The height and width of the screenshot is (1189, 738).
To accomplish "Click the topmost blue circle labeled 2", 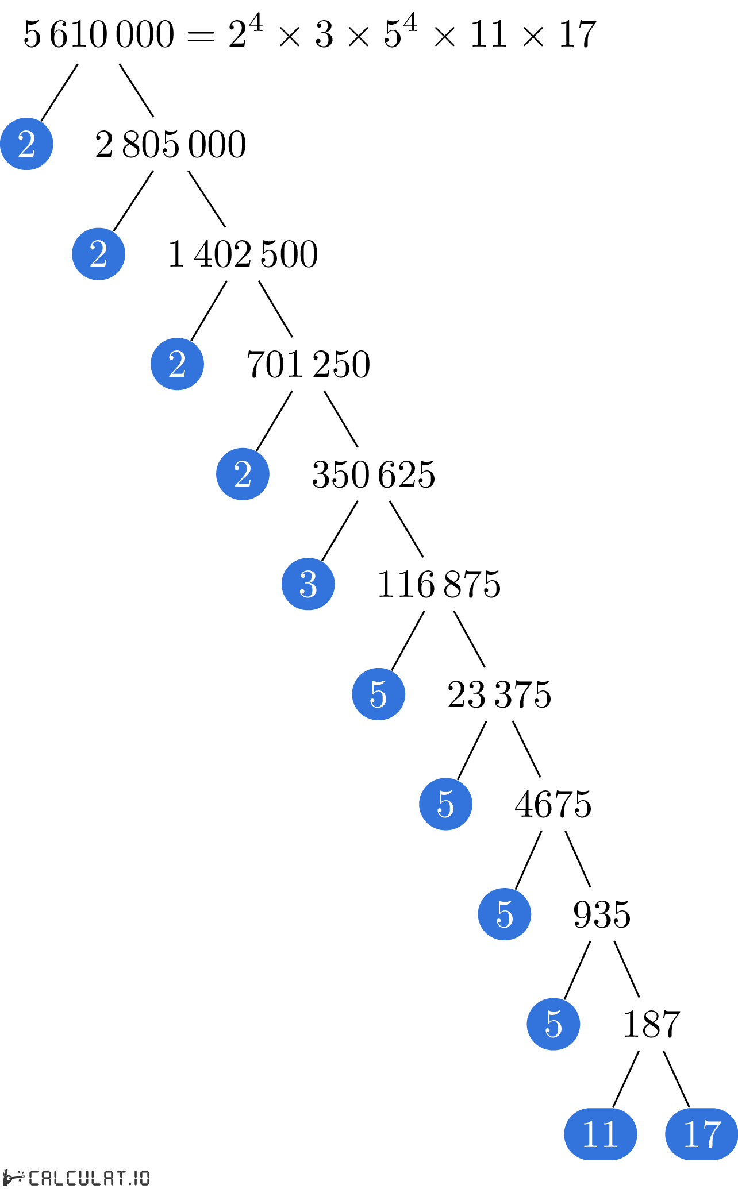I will coord(26,144).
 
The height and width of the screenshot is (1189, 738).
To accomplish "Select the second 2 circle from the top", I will coord(98,254).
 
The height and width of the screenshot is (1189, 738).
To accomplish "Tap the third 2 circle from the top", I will coord(177,364).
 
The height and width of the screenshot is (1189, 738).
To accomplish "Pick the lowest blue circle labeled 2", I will coord(243,474).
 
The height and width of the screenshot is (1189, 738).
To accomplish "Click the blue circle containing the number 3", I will coord(308,584).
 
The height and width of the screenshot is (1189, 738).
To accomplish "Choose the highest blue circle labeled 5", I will coord(378,694).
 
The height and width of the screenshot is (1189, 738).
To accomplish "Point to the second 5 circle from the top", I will coord(445,804).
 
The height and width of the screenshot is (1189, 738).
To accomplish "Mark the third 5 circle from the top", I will coord(504,914).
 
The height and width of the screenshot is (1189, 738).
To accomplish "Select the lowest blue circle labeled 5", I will coord(553,1024).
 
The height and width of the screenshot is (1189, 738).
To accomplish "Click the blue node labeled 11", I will coord(600,1134).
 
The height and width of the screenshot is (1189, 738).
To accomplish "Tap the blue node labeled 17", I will coord(701,1134).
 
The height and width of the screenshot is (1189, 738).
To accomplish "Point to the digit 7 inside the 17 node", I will coord(711,1134).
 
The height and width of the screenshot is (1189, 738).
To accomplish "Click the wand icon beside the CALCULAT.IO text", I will coord(14,1177).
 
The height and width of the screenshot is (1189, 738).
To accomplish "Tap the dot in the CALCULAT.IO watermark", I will coord(130,1183).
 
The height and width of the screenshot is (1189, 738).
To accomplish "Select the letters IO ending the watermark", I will coord(141,1178).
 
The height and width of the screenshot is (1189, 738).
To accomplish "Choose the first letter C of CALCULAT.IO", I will coord(34,1178).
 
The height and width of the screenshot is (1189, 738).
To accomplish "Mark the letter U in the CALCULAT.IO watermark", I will coord(84,1178).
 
